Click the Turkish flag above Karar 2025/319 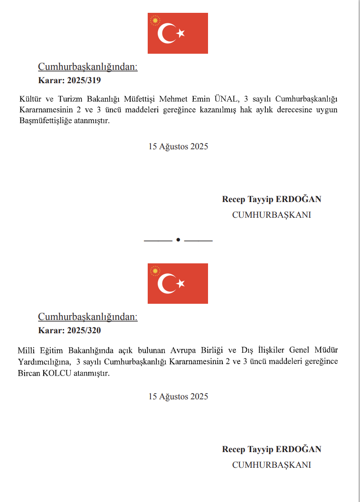coord(178,33)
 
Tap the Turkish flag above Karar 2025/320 coord(178,283)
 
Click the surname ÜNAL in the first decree coord(227,99)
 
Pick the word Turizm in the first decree coord(70,99)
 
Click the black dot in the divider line coord(178,240)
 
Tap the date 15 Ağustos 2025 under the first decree coord(178,146)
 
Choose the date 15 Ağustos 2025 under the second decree coord(178,396)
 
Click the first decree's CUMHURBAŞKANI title coord(271,215)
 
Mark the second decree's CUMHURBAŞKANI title coord(271,465)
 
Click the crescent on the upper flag coord(166,34)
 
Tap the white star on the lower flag coord(181,284)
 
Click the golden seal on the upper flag coord(154,21)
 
